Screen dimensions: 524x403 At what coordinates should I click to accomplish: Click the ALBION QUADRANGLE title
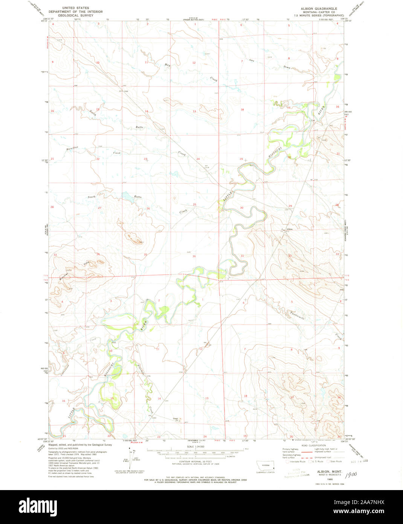[x=318, y=8]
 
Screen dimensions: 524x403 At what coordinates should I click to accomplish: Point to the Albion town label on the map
[x=289, y=229]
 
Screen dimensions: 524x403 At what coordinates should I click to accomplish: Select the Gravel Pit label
[x=175, y=419]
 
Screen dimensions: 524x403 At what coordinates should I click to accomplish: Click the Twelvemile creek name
[x=297, y=314]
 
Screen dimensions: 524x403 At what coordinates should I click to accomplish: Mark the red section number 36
[x=194, y=256]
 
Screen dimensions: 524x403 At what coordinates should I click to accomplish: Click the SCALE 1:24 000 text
[x=195, y=446]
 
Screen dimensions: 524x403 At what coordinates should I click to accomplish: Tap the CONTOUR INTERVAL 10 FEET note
[x=195, y=461]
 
